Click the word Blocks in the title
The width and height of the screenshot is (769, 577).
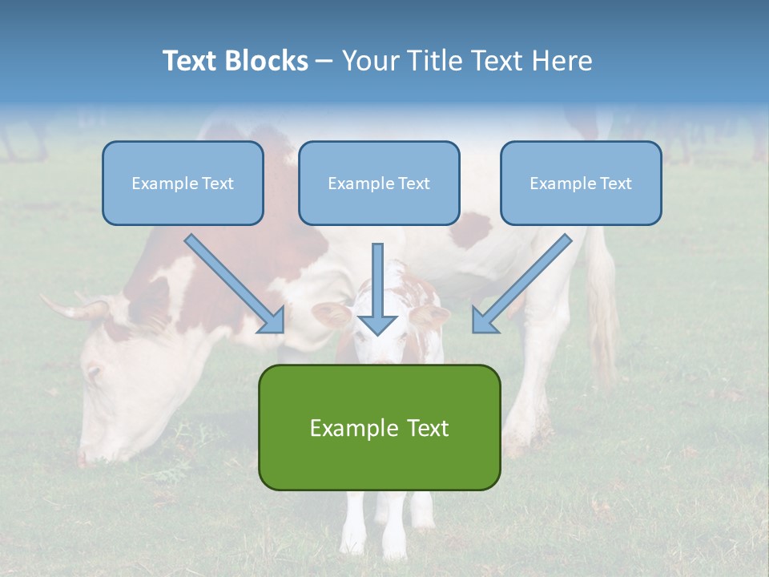(265, 61)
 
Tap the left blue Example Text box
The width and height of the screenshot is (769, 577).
(183, 183)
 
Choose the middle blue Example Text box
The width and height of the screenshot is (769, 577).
(379, 183)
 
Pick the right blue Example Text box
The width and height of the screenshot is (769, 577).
(581, 183)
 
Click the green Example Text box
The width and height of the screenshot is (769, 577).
(379, 427)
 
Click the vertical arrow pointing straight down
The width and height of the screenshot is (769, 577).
(377, 288)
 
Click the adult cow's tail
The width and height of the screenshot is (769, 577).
(601, 297)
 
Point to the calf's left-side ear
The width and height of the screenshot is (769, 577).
(330, 314)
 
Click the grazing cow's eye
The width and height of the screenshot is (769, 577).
(94, 373)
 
